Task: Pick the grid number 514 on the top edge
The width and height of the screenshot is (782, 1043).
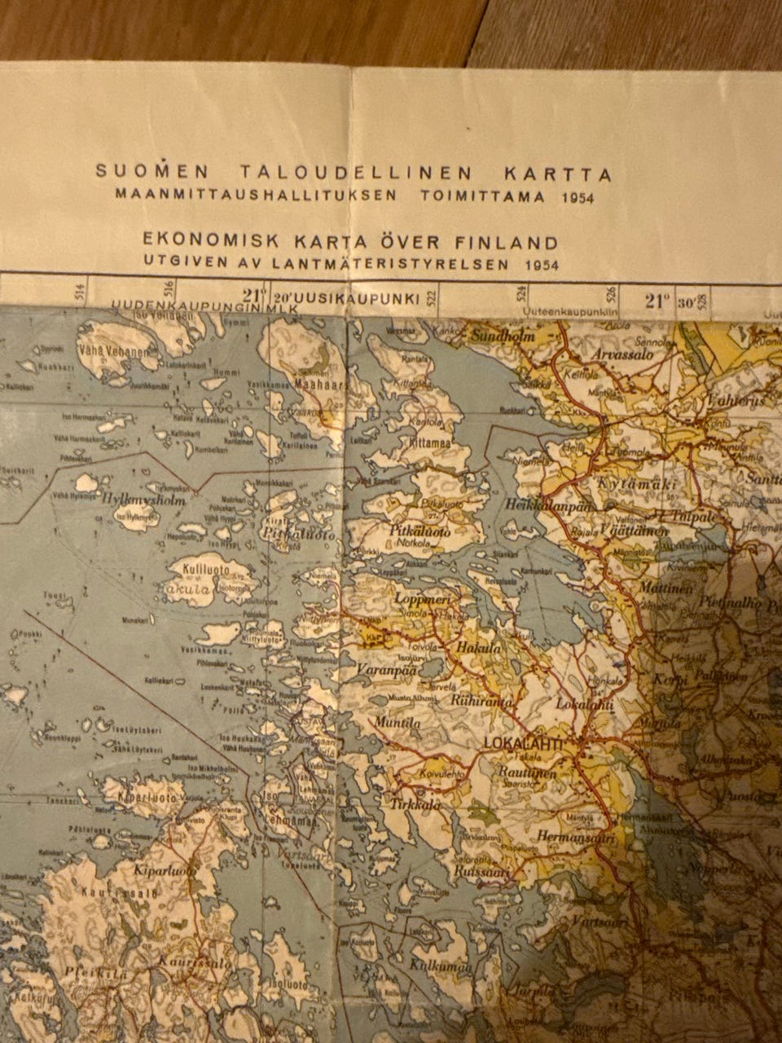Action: click(x=79, y=293)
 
